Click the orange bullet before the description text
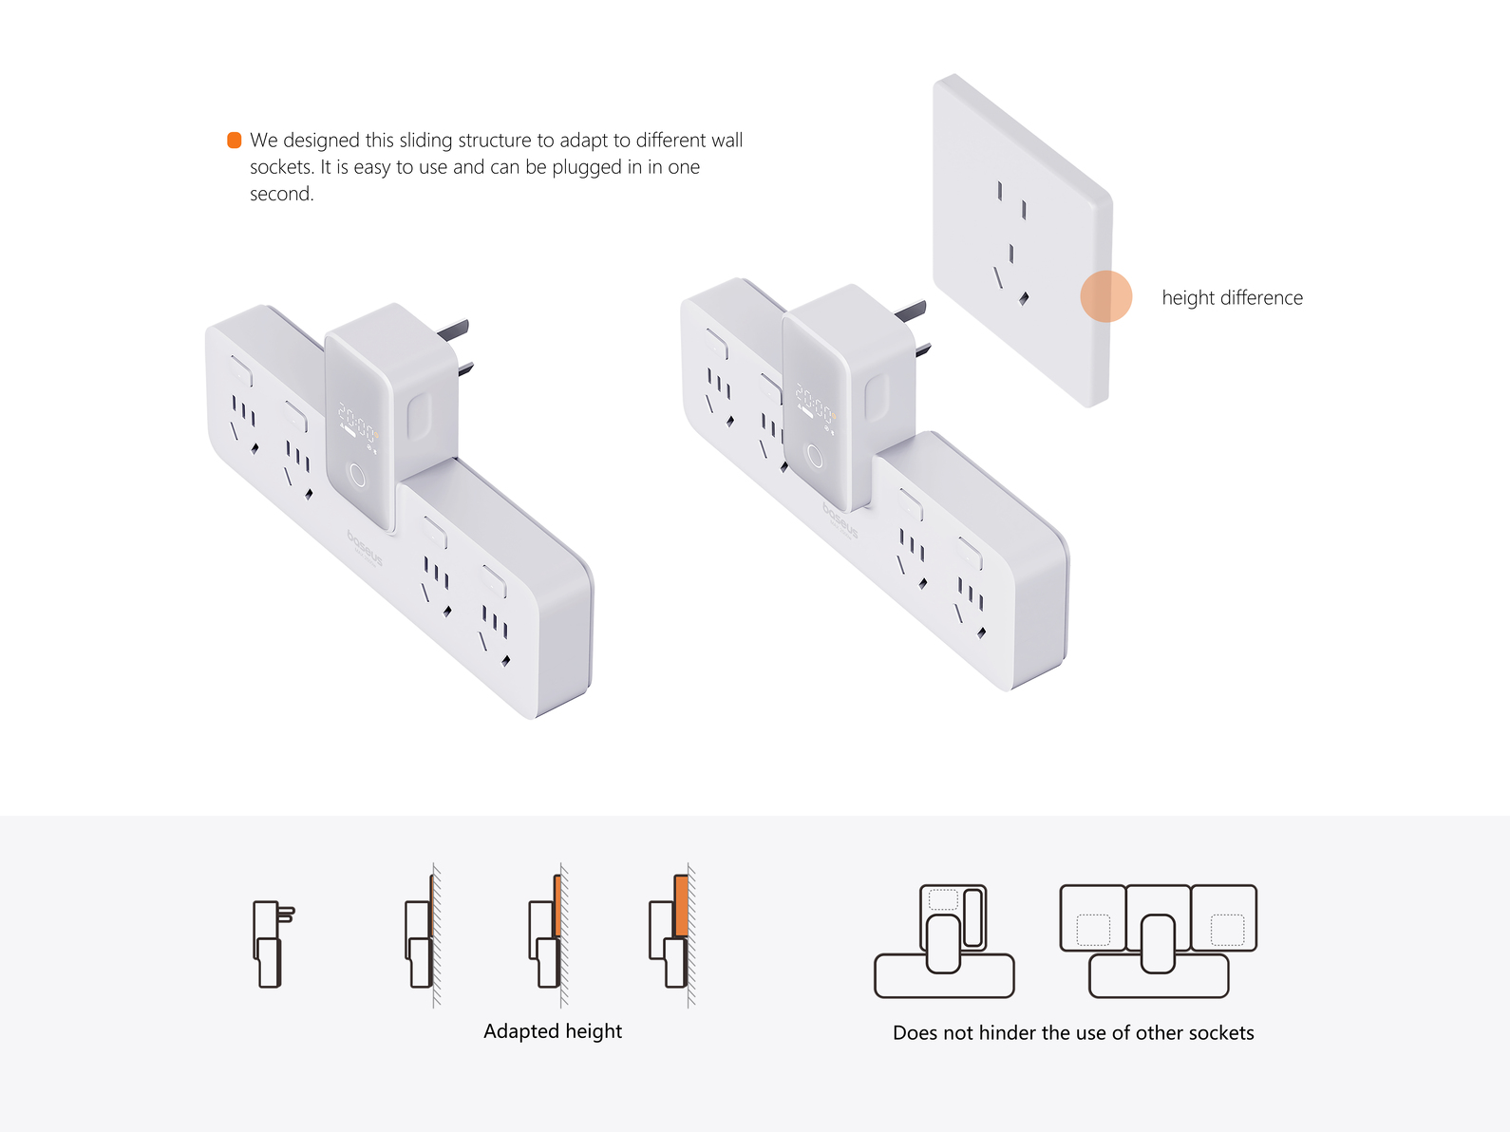(234, 141)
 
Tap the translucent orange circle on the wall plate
(1105, 296)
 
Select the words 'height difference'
(1232, 298)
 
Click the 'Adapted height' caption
(553, 1031)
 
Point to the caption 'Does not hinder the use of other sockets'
(1073, 1032)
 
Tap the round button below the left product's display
(358, 475)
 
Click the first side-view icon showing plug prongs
(274, 944)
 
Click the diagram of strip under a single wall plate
(944, 941)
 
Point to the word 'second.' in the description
(281, 194)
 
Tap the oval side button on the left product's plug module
(419, 416)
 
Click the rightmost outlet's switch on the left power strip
(494, 581)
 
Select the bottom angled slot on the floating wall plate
(1024, 298)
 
